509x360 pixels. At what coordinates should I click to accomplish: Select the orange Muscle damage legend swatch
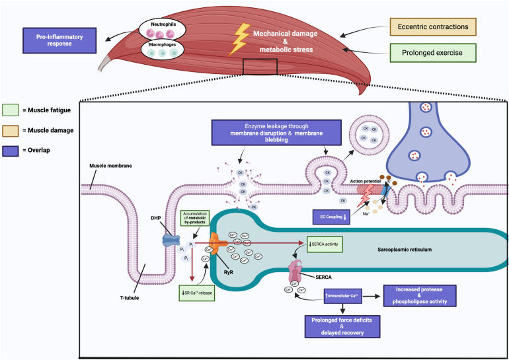[x=11, y=131]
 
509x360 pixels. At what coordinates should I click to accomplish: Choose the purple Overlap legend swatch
[x=11, y=150]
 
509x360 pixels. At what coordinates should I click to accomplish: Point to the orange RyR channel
[x=219, y=243]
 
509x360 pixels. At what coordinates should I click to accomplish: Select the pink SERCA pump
[x=294, y=271]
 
